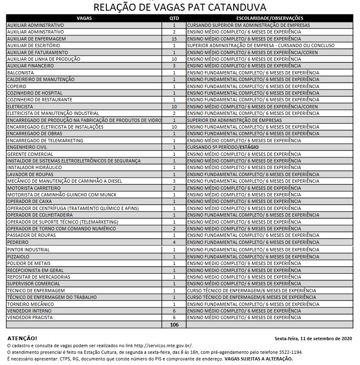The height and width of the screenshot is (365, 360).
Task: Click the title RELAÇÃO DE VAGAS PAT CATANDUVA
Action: point(180,7)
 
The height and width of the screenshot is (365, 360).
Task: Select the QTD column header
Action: point(174,18)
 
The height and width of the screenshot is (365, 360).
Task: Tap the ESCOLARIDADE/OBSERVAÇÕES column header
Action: point(269,18)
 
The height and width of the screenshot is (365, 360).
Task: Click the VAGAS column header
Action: point(84,18)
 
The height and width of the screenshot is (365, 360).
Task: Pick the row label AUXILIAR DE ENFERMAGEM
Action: point(36,39)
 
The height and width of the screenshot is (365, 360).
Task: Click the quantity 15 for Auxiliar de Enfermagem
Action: point(174,39)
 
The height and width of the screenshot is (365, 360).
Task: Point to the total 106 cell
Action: point(174,325)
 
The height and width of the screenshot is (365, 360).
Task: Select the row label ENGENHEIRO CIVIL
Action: point(27,147)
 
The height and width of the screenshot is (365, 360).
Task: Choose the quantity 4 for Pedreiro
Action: point(174,242)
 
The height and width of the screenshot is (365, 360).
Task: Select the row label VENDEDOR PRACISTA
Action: point(30,317)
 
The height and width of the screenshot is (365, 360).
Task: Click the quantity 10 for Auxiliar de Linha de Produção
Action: point(174,59)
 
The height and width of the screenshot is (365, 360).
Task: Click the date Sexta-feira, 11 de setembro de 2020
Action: point(313,339)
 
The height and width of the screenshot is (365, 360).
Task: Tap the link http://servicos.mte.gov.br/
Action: point(163,346)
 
